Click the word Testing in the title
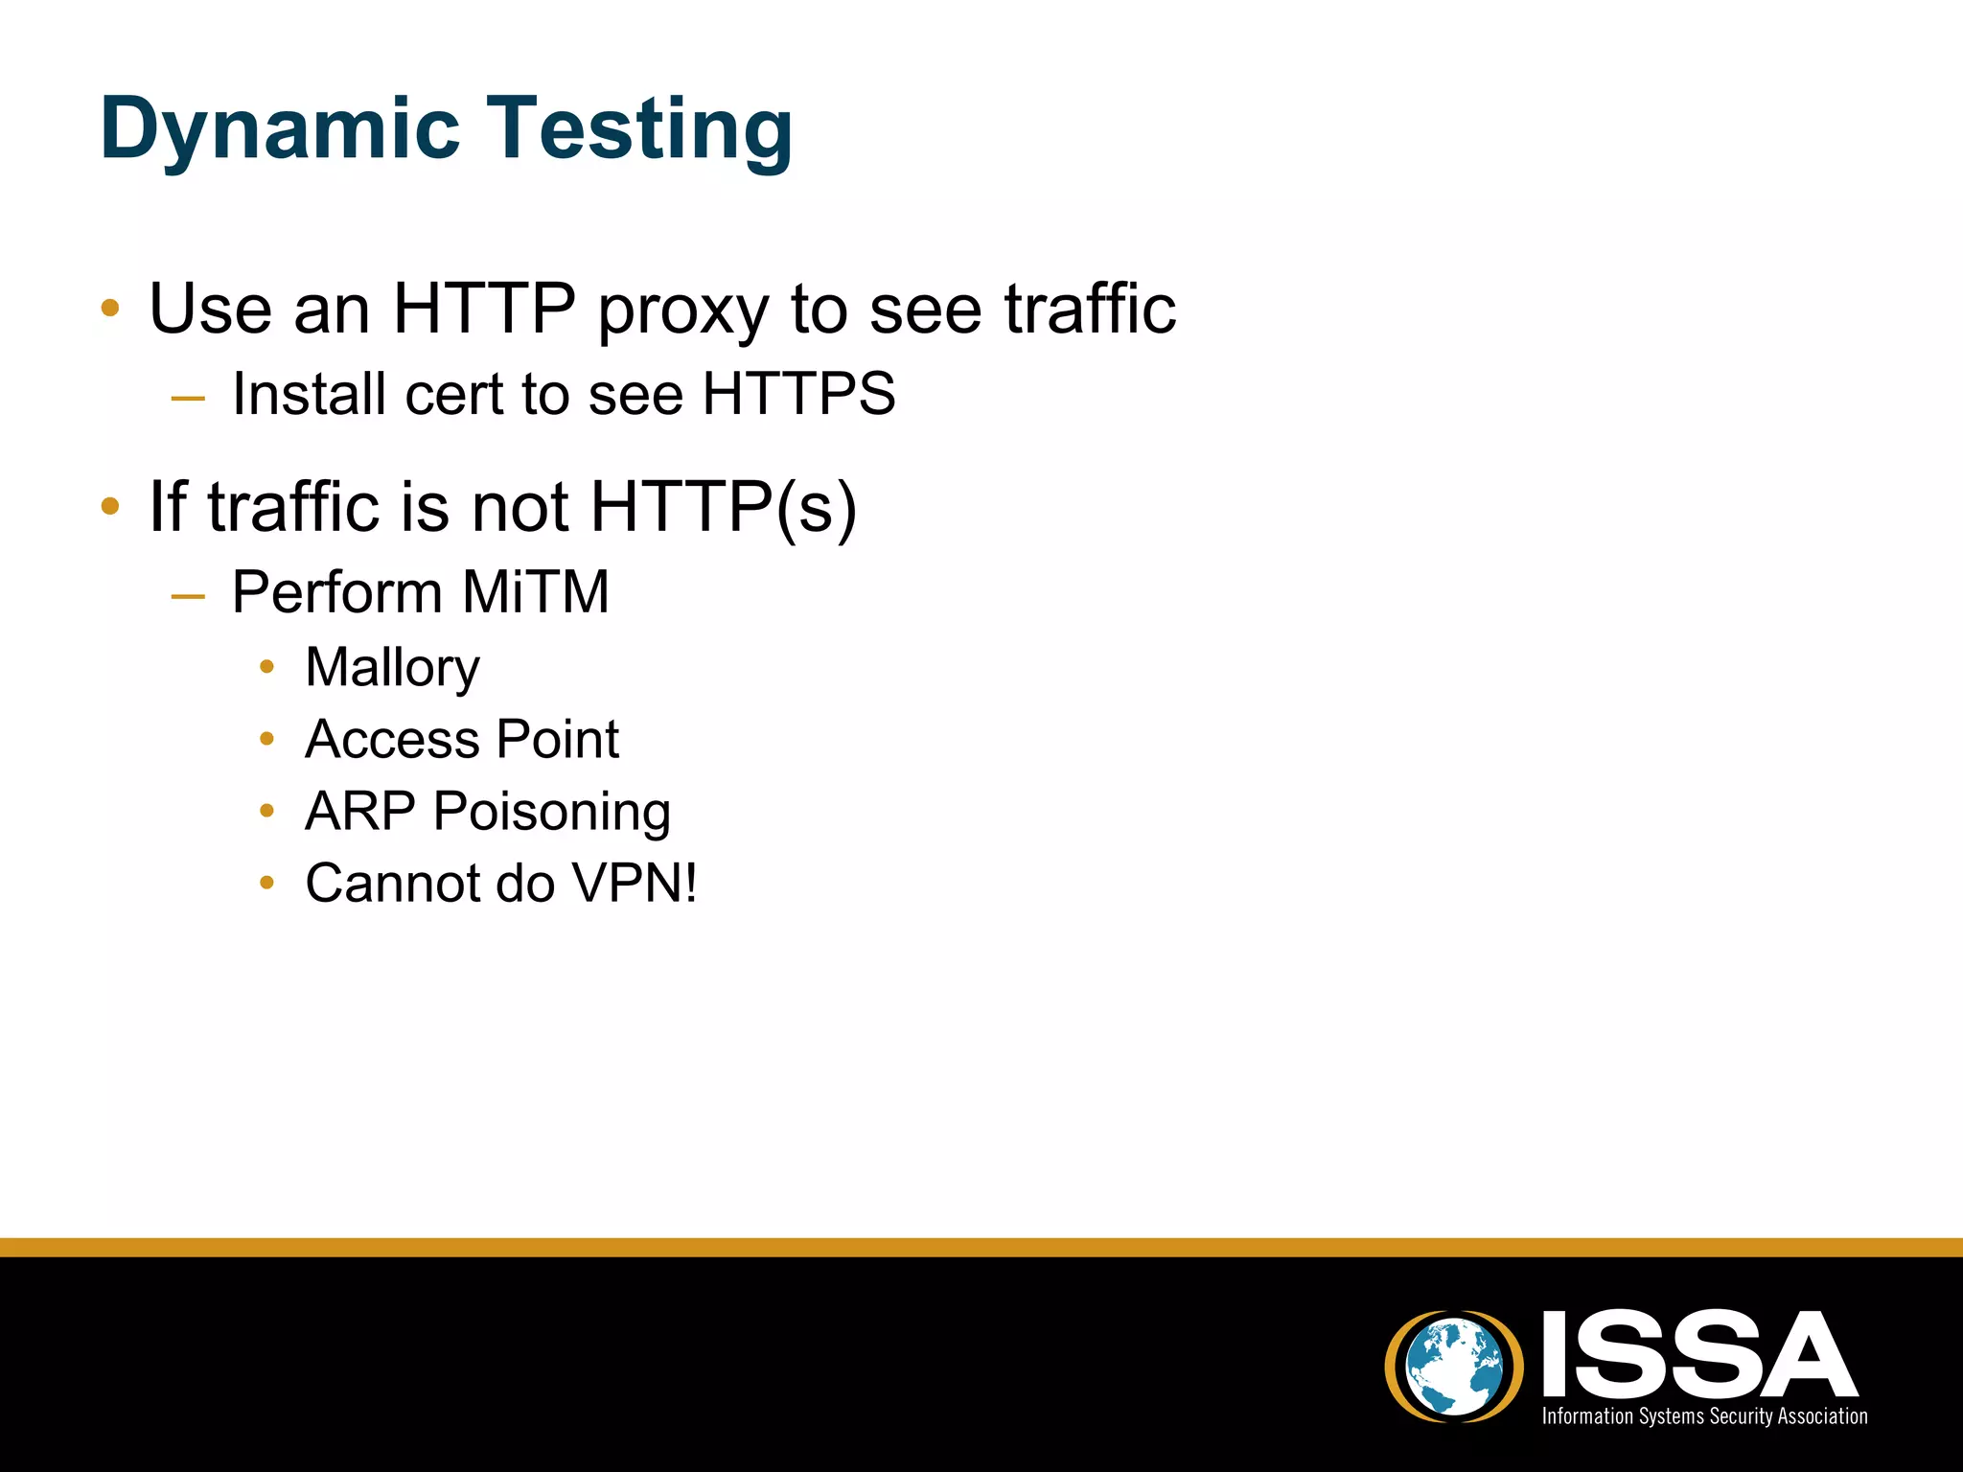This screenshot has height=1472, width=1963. (642, 129)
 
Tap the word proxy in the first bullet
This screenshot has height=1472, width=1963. (683, 310)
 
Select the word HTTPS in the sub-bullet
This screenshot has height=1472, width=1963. (798, 394)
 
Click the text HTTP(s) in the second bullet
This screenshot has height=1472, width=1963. (723, 507)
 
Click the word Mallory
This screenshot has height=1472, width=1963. (392, 668)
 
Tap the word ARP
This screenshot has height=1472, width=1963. (359, 811)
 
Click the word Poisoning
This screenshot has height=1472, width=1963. (551, 812)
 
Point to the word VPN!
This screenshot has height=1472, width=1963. (634, 883)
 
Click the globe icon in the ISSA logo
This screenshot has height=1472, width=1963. (1454, 1366)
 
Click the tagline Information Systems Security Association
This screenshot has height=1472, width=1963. (1703, 1416)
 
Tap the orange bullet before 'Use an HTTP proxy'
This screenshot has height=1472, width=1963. (110, 308)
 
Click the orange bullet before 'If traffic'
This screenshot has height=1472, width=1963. (110, 505)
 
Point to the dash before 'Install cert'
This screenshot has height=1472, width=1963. (188, 398)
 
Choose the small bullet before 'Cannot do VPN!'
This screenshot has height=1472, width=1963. (267, 883)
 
